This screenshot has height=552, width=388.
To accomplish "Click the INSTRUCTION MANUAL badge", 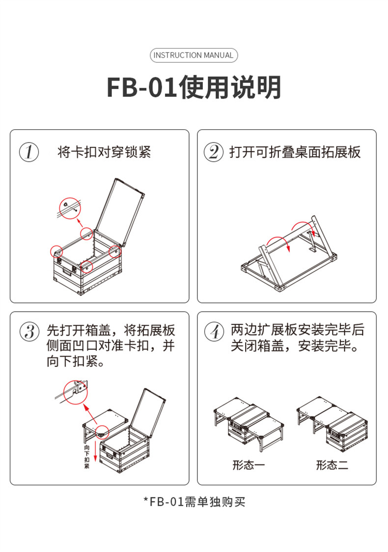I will coord(194,55).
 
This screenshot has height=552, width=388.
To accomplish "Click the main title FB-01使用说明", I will coord(194,88).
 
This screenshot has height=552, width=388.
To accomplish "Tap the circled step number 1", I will coord(29,152).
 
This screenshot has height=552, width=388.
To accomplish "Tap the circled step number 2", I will coord(213,152).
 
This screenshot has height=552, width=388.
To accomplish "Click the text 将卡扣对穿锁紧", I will coord(104,152).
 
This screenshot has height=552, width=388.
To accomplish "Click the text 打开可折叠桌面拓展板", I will coord(295,152).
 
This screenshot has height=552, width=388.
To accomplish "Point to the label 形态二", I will coord(332,465).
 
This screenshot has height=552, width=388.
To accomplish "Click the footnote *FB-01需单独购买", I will coord(194,502).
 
